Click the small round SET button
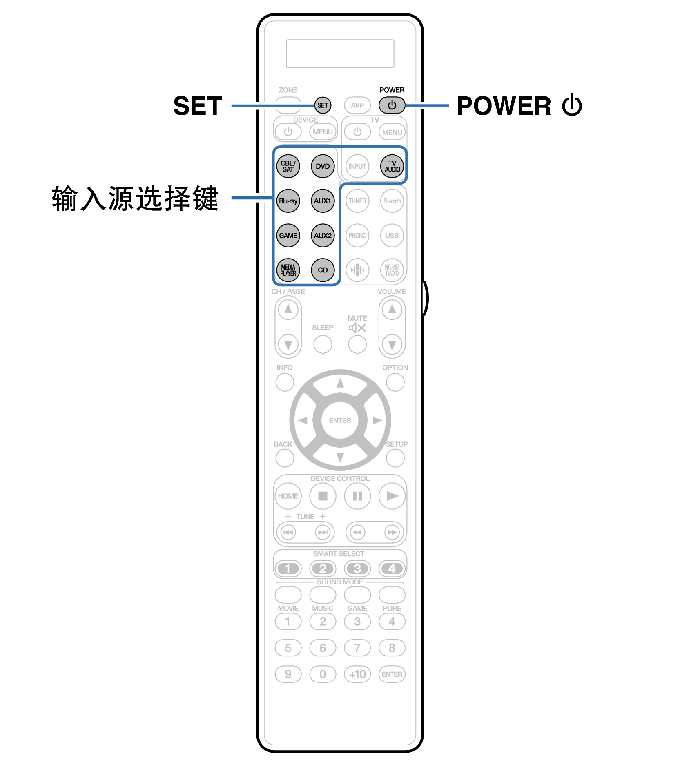point(323,105)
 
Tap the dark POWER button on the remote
point(392,105)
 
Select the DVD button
point(323,166)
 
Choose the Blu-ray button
point(288,201)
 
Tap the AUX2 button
point(323,236)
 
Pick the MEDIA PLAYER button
point(288,270)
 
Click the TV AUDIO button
point(392,166)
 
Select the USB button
point(392,236)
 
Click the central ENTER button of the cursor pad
point(340,420)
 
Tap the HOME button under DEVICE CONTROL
point(288,496)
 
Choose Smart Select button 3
point(357,568)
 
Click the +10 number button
point(357,674)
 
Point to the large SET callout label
point(198,106)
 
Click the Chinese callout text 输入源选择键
point(135,198)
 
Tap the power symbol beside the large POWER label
point(572,105)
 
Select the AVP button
point(357,105)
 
